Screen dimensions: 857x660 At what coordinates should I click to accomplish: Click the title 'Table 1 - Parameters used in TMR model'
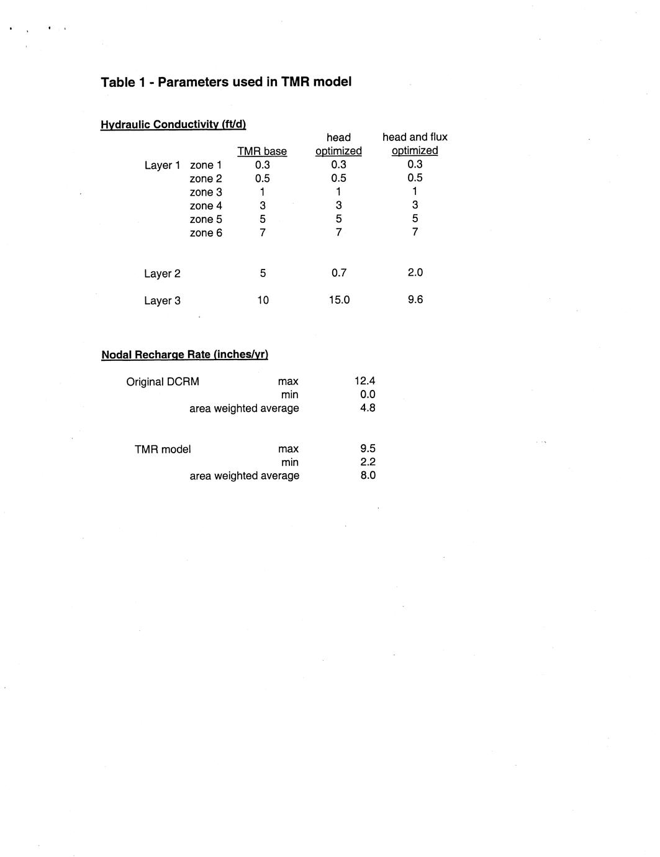coord(226,82)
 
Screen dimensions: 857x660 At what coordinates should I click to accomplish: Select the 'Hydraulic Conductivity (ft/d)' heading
coord(173,124)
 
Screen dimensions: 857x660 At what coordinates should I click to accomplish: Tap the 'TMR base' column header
coord(262,152)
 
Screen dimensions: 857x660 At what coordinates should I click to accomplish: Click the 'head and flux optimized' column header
coord(415,144)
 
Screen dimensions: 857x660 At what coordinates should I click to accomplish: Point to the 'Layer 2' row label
coord(162,274)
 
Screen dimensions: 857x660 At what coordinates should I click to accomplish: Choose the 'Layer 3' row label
coord(162,301)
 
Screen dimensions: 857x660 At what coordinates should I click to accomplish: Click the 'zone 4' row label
coord(206,206)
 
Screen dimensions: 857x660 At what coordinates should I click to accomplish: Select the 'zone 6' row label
coord(206,233)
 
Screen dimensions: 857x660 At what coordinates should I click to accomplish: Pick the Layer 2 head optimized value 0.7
coord(338,273)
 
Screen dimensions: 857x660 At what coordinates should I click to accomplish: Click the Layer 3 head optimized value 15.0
coord(339,300)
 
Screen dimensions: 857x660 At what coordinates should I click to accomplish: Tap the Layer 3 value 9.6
coord(415,299)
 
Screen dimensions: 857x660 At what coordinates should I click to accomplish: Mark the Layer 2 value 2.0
coord(415,273)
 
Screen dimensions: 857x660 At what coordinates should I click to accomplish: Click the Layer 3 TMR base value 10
coord(263,300)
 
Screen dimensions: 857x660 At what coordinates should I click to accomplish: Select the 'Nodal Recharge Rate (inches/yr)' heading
coord(184,355)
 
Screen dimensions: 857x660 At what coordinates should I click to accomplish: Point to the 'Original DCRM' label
coord(163,382)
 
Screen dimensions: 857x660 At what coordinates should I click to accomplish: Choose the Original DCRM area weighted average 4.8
coord(368,408)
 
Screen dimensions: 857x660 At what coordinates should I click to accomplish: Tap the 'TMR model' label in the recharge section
coord(163,449)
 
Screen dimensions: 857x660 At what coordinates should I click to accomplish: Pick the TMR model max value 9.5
coord(368,448)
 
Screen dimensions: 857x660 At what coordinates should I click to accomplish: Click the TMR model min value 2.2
coord(368,462)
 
